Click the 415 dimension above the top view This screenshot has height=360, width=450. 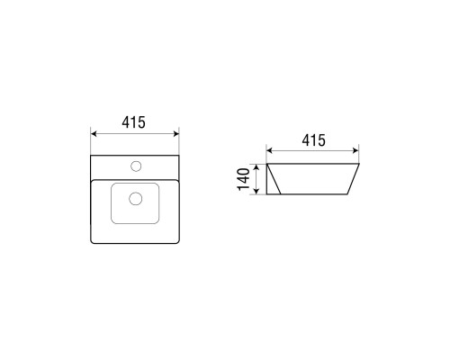coord(133,122)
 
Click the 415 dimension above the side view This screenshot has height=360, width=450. coord(313,140)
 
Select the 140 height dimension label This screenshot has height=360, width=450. coord(243,179)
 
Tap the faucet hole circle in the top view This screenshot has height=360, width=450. coord(136,166)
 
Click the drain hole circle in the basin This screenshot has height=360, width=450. coord(135,199)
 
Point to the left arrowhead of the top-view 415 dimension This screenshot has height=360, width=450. coord(94,133)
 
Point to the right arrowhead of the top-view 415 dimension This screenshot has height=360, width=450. coord(175,133)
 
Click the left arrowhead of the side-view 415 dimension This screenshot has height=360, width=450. coord(269,150)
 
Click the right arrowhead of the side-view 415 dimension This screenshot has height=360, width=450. coord(355,150)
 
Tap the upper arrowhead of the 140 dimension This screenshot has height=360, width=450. coord(256,166)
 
